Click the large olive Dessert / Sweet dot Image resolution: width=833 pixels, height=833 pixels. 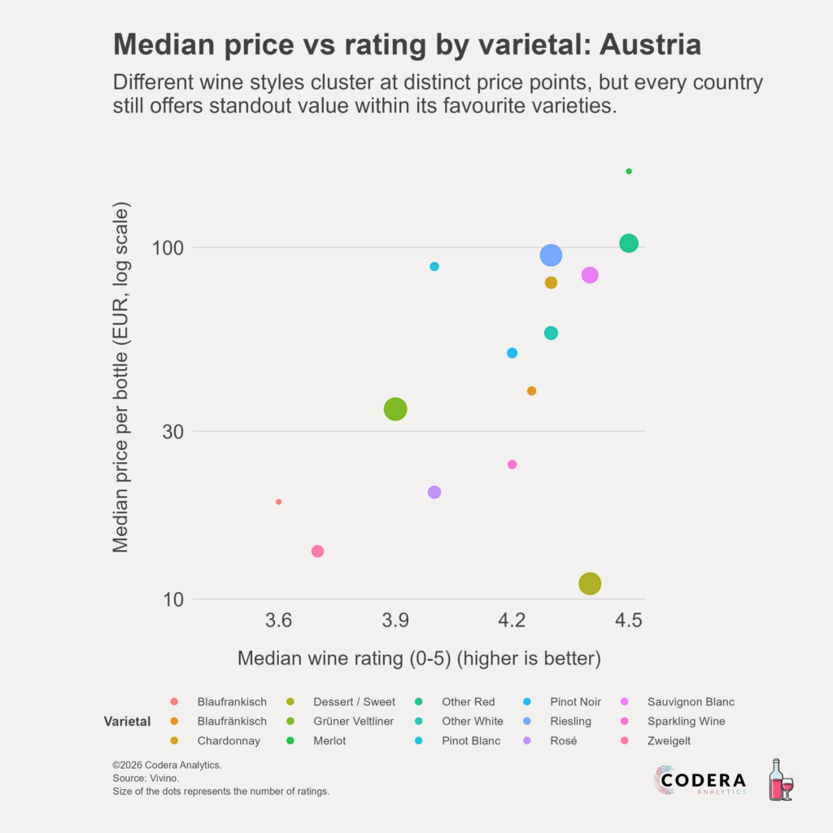(x=590, y=583)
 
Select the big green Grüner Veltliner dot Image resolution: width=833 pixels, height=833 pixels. (x=395, y=409)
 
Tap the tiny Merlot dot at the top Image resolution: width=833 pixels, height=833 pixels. (x=629, y=172)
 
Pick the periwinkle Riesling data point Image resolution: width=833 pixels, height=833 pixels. (x=551, y=255)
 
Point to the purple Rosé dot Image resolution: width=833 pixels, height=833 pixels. (x=434, y=492)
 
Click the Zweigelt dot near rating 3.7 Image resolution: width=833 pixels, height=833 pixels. (x=317, y=552)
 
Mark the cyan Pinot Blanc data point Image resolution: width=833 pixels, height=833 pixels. (x=434, y=267)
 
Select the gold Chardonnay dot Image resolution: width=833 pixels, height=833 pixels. (x=551, y=283)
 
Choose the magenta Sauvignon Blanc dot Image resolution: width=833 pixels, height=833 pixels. (x=590, y=275)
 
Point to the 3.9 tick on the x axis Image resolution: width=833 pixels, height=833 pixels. (x=395, y=621)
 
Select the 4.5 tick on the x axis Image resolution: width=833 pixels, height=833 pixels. (x=629, y=621)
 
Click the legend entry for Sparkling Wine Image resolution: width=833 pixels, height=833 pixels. (x=686, y=722)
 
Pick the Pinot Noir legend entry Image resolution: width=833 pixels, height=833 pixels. (x=575, y=702)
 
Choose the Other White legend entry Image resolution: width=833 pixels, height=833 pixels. (x=472, y=722)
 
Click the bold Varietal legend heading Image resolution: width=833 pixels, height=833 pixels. (x=127, y=722)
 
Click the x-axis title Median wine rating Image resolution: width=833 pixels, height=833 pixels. (x=419, y=658)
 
